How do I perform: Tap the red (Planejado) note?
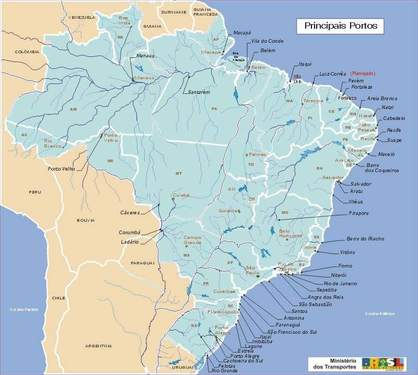click(x=363, y=74)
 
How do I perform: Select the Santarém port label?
click(x=199, y=92)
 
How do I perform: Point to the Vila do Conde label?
click(x=267, y=41)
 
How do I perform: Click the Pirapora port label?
click(x=359, y=213)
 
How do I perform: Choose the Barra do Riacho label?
click(x=365, y=238)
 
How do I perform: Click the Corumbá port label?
click(x=129, y=232)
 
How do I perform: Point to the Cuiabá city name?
click(x=180, y=196)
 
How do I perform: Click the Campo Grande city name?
click(x=192, y=240)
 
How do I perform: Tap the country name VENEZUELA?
click(x=82, y=17)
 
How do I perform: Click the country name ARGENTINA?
click(x=98, y=346)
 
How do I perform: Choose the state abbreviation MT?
click(x=178, y=173)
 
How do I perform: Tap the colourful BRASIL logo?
click(x=384, y=363)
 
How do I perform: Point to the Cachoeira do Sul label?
click(x=242, y=360)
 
